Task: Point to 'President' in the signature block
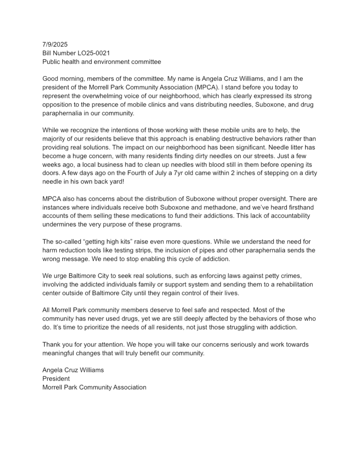coord(56,378)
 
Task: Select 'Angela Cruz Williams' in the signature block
coord(73,370)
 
